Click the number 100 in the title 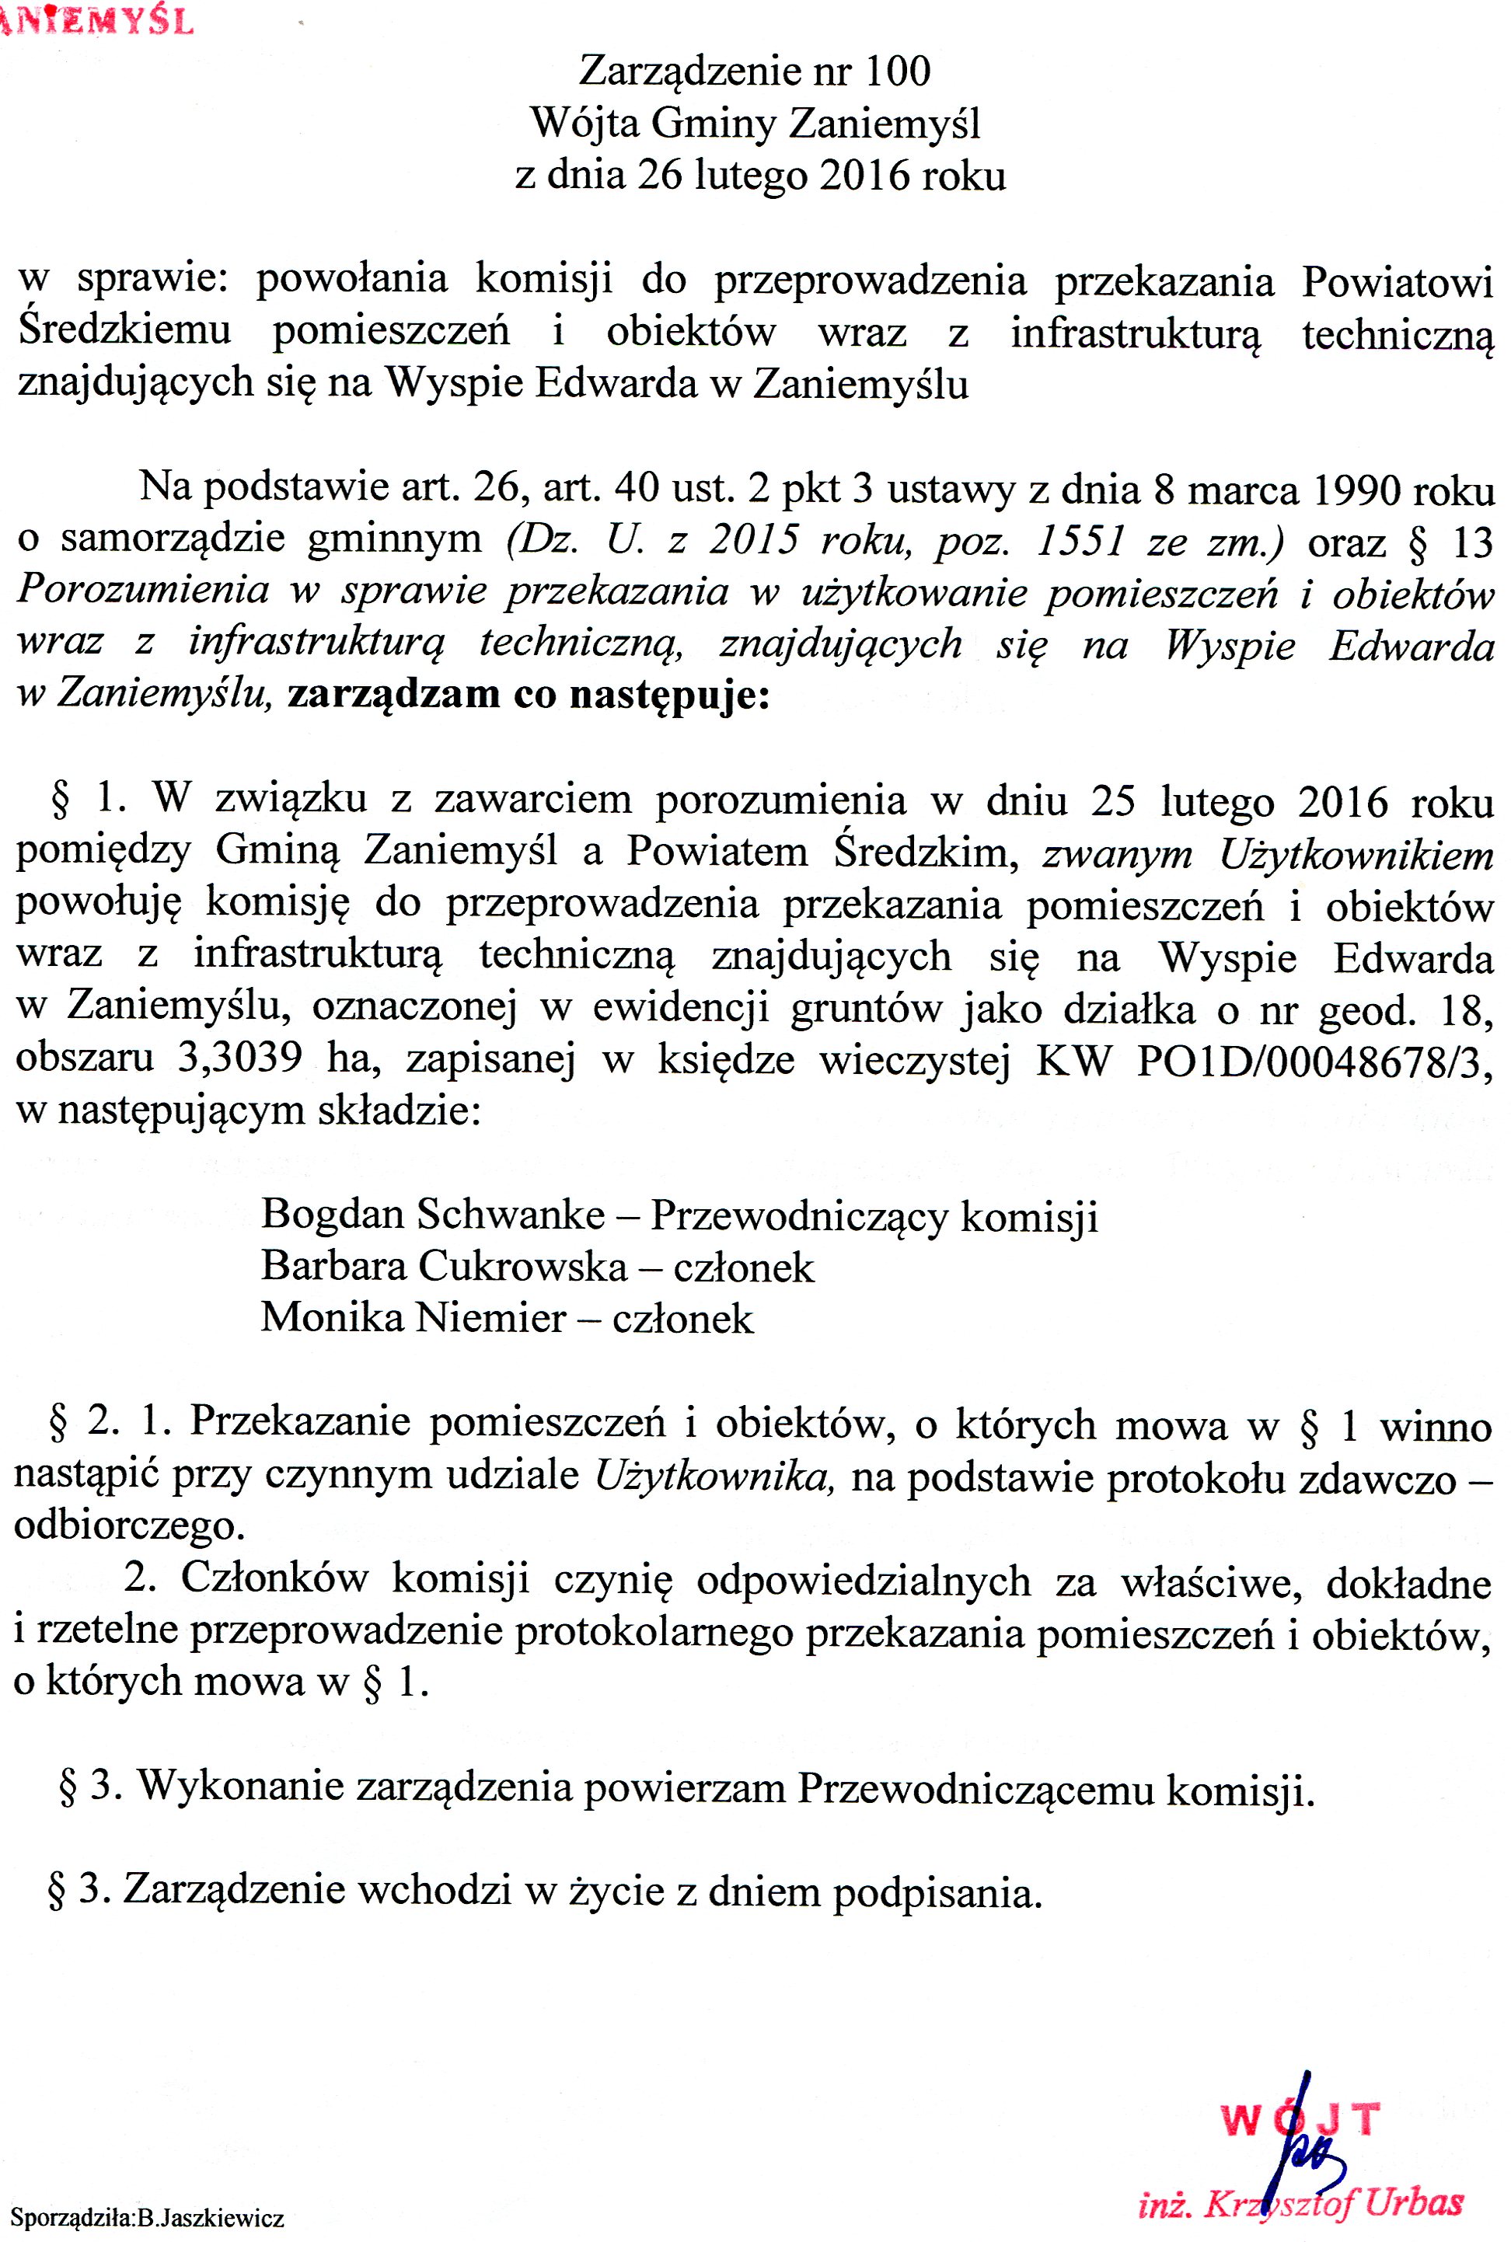tap(897, 71)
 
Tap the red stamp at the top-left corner tap(96, 19)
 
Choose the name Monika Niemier tap(414, 1317)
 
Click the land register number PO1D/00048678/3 tap(1314, 1061)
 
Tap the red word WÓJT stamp tap(1300, 2120)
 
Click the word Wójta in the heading tap(585, 124)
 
